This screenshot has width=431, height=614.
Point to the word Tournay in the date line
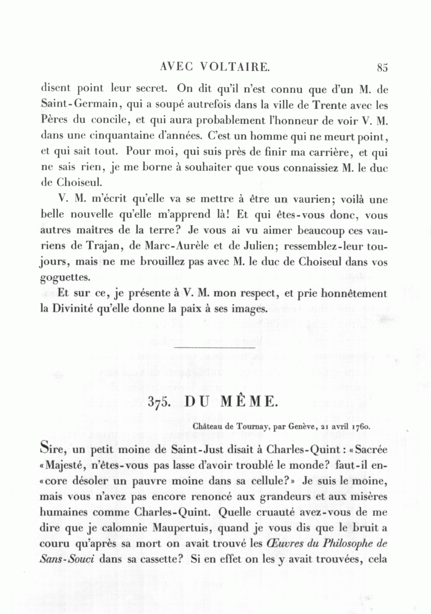point(248,425)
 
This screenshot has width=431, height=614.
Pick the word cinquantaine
point(106,136)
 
